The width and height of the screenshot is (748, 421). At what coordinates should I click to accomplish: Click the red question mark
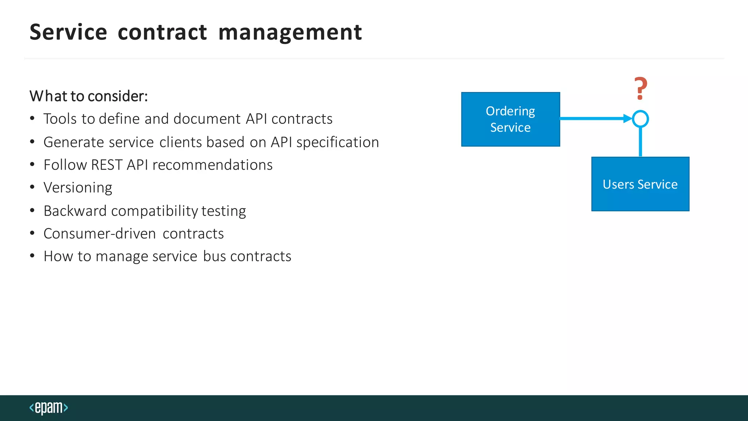641,88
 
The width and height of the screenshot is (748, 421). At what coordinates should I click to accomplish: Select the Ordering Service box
510,120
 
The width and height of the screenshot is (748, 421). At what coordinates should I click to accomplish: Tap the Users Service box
640,184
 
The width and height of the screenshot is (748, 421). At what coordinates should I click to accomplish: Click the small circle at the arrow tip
640,119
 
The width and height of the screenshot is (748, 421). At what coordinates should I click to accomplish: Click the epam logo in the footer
49,407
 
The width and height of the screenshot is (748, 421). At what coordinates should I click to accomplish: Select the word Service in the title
68,32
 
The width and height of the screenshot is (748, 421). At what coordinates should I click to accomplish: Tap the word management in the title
290,32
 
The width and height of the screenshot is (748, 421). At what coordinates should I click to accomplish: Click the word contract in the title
162,32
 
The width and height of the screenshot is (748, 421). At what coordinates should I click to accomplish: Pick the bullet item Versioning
78,187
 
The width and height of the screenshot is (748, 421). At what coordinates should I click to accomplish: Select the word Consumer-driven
100,234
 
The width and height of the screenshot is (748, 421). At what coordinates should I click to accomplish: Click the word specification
337,142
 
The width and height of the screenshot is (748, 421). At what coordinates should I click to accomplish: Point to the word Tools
60,119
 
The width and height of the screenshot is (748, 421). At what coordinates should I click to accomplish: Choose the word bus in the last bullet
214,256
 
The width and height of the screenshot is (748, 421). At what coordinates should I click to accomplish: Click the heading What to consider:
89,96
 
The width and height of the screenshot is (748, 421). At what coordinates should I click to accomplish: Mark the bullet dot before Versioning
33,187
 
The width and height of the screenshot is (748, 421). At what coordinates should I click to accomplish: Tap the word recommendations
212,165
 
